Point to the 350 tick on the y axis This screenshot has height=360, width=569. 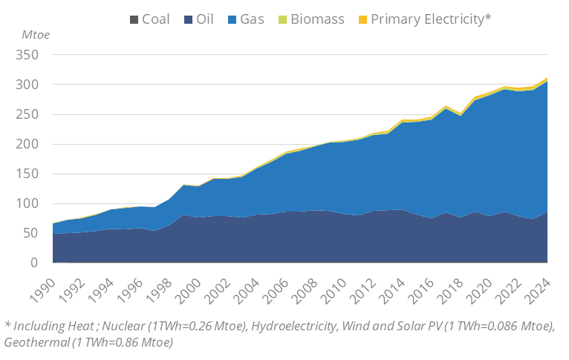(x=26, y=55)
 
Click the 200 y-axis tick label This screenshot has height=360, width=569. (x=26, y=144)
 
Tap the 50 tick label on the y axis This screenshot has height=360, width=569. (x=29, y=233)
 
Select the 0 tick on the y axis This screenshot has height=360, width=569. (x=33, y=263)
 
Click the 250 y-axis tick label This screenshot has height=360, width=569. (x=26, y=114)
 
